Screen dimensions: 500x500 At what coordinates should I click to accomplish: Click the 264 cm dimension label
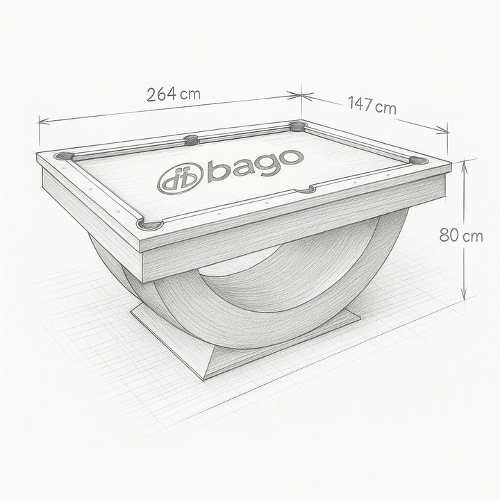pos(174,94)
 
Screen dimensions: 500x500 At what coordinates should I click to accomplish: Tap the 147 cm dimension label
pos(372,105)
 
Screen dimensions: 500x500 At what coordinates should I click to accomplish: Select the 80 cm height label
pos(461,235)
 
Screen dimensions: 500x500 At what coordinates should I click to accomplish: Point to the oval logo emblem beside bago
pos(181,178)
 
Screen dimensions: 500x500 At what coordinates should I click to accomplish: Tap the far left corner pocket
pos(63,156)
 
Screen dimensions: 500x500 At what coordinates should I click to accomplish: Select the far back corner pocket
pos(298,126)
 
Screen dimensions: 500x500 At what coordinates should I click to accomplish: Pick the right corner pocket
pos(418,160)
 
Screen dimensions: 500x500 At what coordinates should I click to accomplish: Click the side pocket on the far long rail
pos(192,140)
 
